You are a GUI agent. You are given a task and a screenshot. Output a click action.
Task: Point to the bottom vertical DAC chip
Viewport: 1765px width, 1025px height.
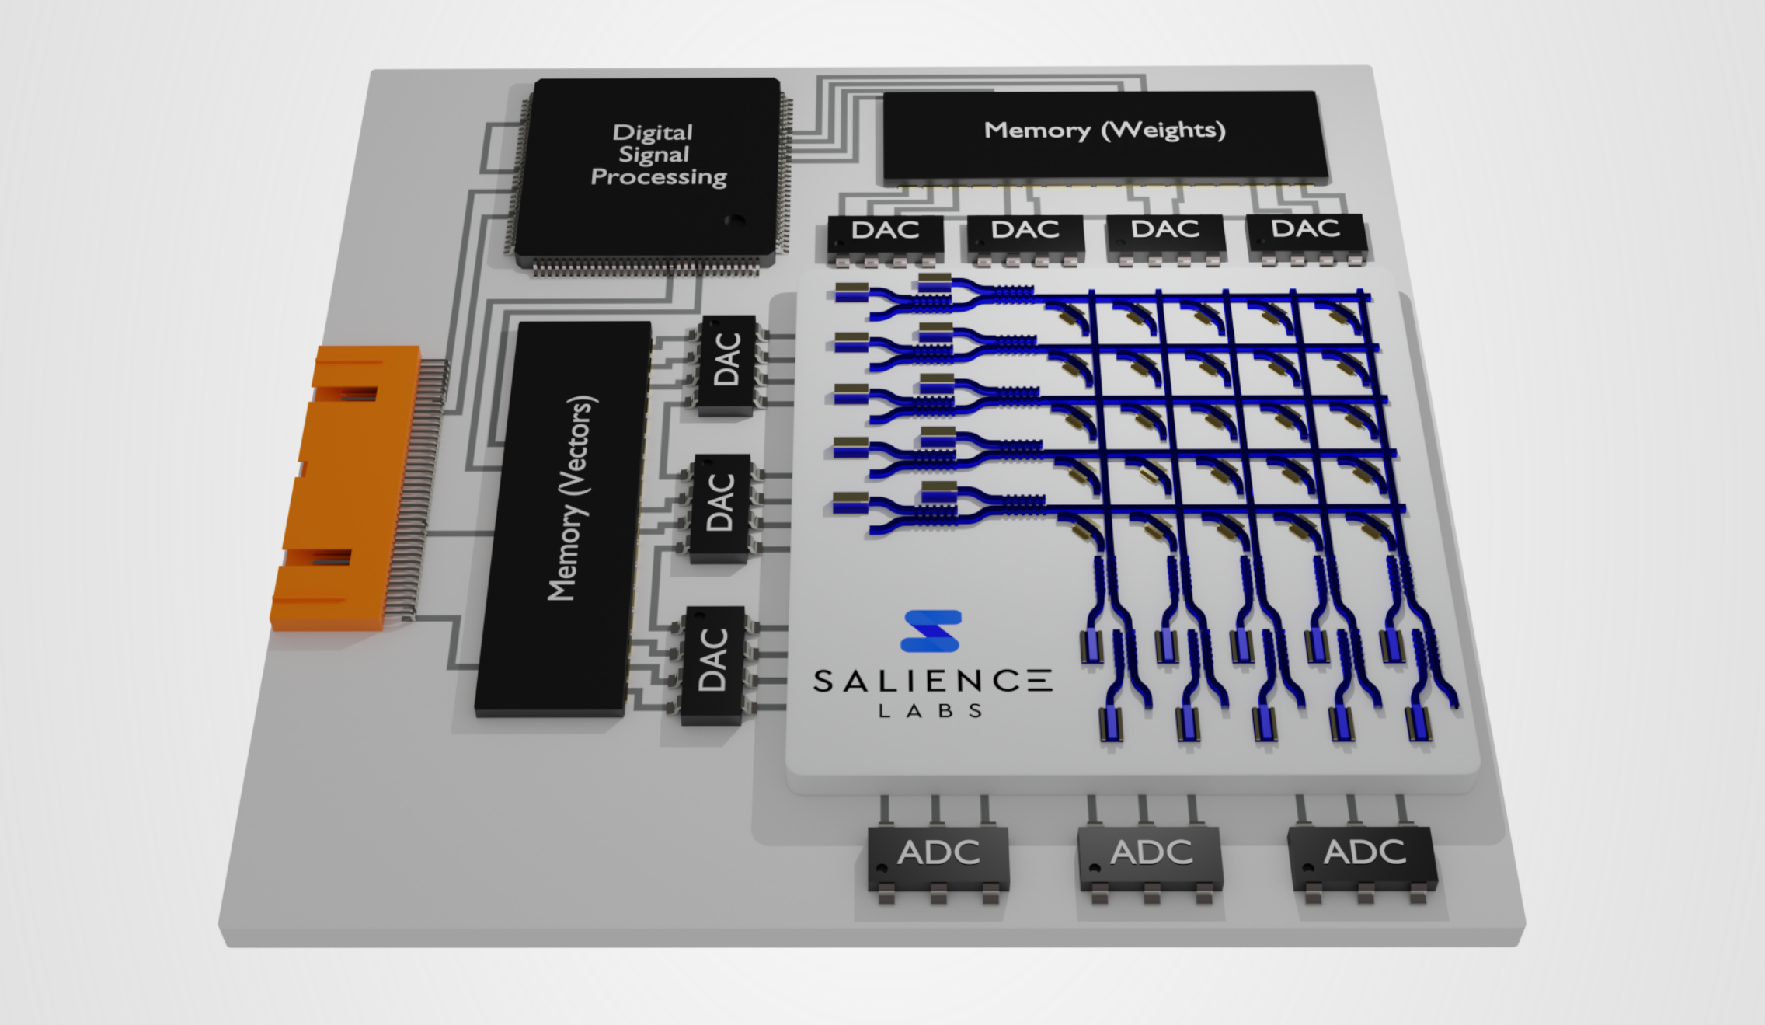pos(712,661)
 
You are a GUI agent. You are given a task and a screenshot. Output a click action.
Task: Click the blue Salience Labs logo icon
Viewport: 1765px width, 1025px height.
pos(931,630)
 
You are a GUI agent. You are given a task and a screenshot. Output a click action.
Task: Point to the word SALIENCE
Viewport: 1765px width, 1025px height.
pos(932,682)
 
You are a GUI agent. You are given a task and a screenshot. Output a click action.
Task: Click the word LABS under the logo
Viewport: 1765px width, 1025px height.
pos(931,711)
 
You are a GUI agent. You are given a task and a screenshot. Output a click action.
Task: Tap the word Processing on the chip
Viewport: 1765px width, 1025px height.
pos(659,177)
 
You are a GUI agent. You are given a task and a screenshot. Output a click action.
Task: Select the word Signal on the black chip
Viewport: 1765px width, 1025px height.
pos(653,155)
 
